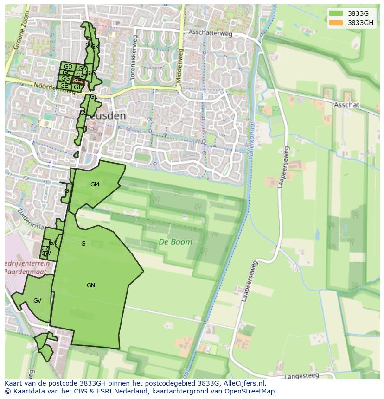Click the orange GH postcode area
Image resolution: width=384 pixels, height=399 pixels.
pos(77,81)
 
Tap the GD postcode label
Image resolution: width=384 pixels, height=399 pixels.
pos(68,67)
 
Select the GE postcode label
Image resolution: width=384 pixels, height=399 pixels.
pos(64,86)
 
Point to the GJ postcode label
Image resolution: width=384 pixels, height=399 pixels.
pos(77,87)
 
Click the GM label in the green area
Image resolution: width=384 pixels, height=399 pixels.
pos(95,184)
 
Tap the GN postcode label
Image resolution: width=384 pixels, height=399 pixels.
pos(91,285)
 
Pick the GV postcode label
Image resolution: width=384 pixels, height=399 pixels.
pos(37,301)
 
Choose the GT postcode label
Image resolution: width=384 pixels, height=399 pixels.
pos(68,191)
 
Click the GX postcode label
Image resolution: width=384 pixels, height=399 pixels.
pos(52,243)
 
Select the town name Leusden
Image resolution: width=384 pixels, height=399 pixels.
pos(106,116)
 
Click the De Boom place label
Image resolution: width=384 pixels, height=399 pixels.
pos(175,241)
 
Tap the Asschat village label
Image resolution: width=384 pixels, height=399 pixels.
pos(346,105)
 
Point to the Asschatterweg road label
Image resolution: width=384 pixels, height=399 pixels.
pos(210,32)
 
